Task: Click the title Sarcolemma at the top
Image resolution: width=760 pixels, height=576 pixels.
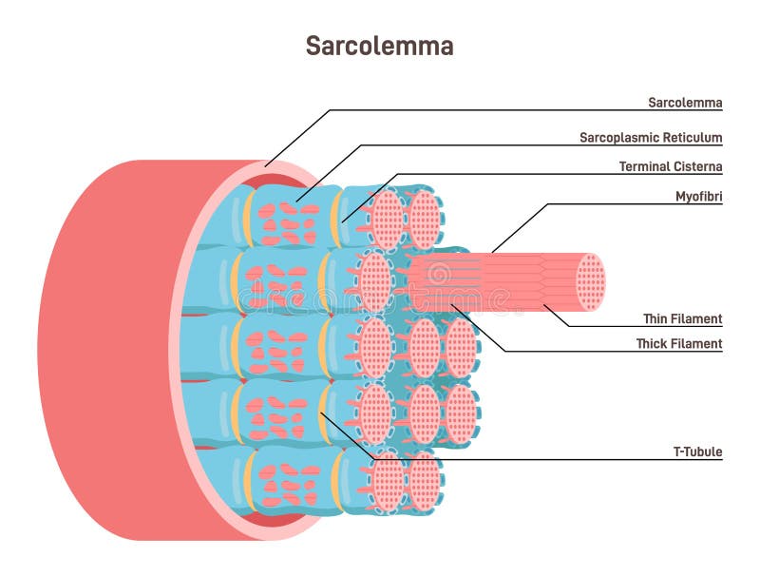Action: click(x=379, y=46)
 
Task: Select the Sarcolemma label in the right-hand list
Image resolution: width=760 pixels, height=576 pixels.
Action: click(x=684, y=102)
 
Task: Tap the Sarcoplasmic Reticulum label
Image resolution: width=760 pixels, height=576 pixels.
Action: click(x=651, y=137)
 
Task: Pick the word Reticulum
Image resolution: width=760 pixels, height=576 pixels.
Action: click(x=692, y=137)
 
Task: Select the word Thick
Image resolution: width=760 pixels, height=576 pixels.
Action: click(x=654, y=343)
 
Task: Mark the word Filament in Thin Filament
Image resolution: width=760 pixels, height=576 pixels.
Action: click(x=698, y=318)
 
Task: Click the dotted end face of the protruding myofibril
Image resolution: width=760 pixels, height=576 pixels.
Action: click(x=590, y=282)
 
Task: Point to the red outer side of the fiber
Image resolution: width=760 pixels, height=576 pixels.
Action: click(x=104, y=352)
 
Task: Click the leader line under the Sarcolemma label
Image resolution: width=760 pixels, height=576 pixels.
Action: click(x=522, y=110)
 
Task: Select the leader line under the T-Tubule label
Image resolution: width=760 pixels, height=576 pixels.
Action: click(x=570, y=462)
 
